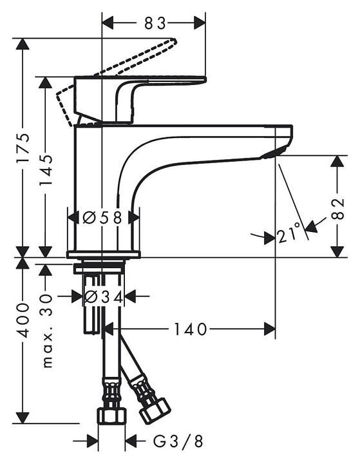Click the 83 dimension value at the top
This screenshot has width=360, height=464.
(155, 24)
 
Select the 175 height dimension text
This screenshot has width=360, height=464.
(23, 148)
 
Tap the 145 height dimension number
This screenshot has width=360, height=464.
(46, 169)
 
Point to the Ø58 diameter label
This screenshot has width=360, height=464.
(102, 218)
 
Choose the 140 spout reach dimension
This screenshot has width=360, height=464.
(189, 329)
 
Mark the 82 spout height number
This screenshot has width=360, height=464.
(338, 209)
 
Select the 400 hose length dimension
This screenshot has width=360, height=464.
(23, 320)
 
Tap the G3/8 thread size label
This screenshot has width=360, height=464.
(178, 442)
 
